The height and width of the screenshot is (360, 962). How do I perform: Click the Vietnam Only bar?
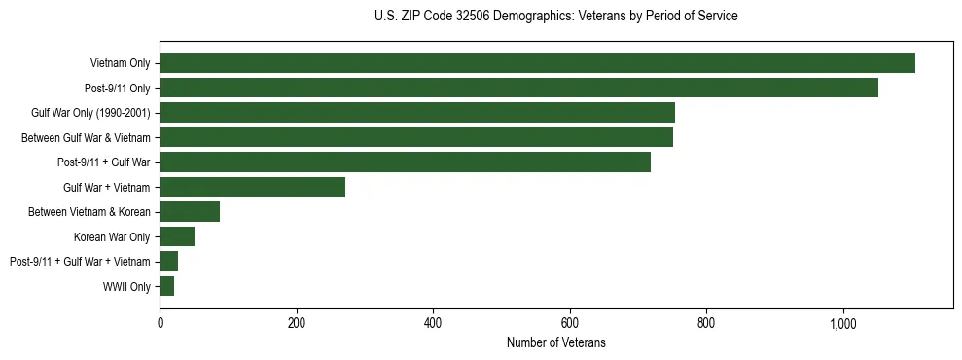coord(537,63)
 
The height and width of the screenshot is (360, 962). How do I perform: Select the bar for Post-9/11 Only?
coord(518,88)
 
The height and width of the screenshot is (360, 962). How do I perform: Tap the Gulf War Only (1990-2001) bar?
coord(417,113)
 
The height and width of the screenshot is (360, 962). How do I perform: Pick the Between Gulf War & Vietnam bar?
coord(416,137)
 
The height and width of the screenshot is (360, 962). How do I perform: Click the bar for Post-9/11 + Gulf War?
coord(405,162)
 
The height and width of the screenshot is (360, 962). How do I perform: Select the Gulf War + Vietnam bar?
coord(252,187)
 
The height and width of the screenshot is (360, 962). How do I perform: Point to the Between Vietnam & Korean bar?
coord(190,212)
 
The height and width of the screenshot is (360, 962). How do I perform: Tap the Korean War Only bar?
coord(177,236)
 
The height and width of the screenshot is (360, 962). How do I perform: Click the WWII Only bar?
coord(166,286)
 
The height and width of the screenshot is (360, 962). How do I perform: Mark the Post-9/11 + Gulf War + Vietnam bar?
coord(168,262)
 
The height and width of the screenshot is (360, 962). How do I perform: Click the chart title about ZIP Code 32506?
coord(555,17)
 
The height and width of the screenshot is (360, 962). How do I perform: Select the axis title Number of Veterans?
coord(555,342)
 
